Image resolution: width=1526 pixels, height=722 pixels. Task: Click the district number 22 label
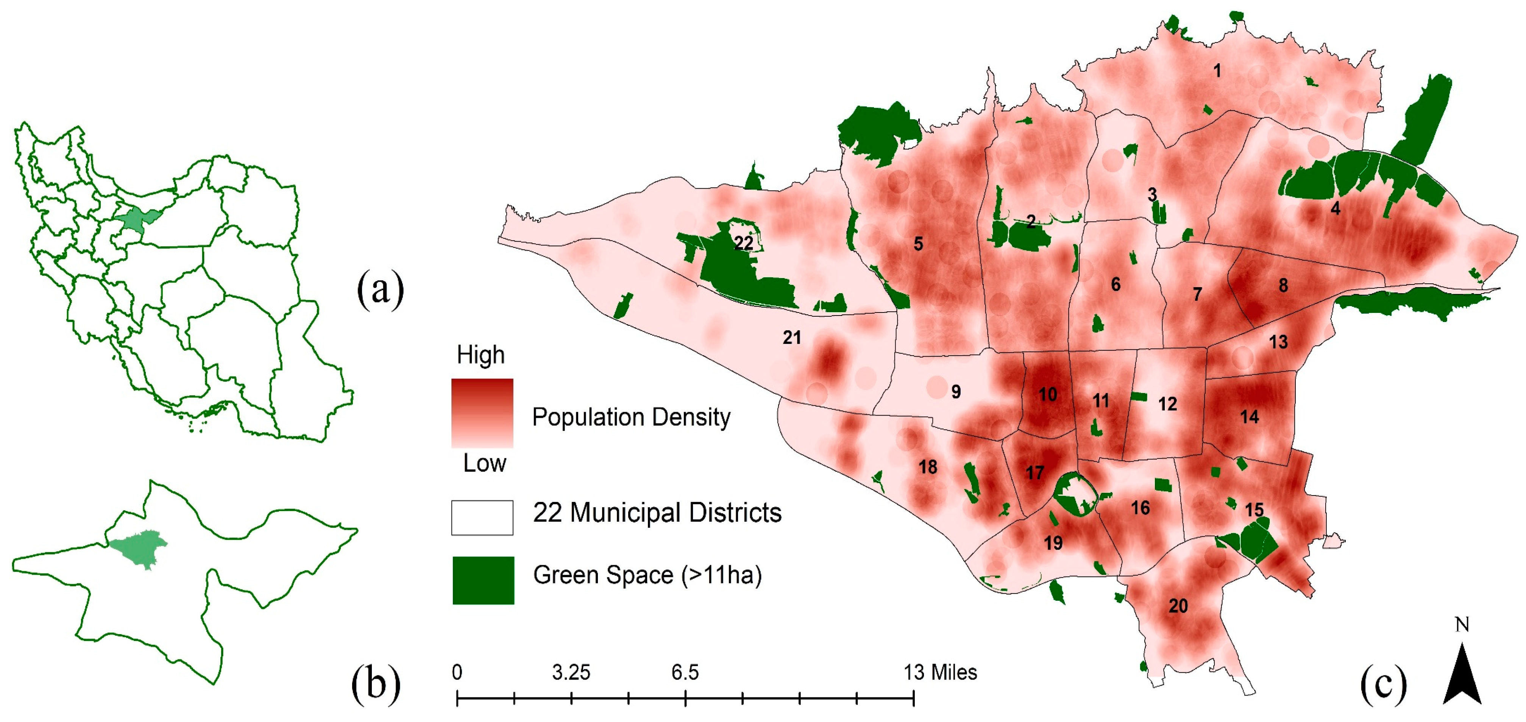point(743,243)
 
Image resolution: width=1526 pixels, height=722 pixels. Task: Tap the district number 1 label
point(1217,71)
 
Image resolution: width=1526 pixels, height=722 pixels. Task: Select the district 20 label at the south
point(1178,606)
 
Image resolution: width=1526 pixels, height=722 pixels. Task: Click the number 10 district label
point(1047,394)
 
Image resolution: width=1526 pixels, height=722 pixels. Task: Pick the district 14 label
point(1249,417)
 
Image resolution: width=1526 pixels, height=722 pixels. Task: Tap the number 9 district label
point(955,392)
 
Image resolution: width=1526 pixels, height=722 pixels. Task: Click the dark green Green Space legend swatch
point(483,580)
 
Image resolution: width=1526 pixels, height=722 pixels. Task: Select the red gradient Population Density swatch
point(482,413)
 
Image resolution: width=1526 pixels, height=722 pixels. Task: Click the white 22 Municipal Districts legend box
point(482,517)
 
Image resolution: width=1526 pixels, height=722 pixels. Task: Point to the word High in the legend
point(481,355)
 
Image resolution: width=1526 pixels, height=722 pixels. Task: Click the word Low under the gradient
point(484,463)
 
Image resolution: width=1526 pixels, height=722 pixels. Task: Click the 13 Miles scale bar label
point(940,672)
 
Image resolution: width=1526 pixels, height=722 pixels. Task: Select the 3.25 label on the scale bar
point(571,672)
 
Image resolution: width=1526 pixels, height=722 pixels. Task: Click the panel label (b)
point(376,683)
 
